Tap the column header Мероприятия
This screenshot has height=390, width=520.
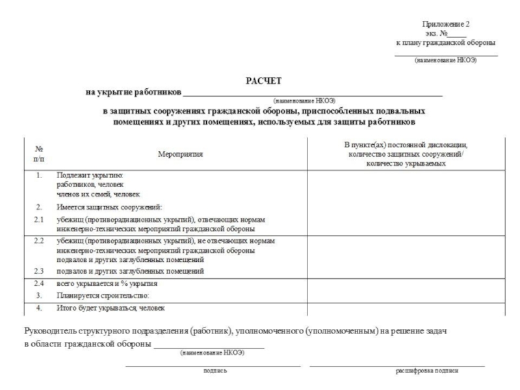tap(180, 154)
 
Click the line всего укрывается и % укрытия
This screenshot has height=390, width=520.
tap(107, 284)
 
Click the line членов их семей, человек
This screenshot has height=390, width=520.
tap(97, 194)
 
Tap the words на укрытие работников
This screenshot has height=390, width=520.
tap(134, 92)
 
